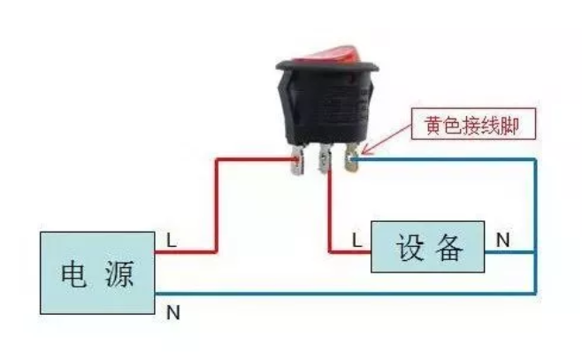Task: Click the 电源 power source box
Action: [x=97, y=273]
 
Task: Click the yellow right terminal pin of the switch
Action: [x=354, y=162]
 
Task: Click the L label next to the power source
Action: [x=172, y=239]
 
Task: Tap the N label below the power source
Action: [x=172, y=311]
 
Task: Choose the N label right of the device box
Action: [x=502, y=239]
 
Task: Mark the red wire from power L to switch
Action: [x=217, y=203]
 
